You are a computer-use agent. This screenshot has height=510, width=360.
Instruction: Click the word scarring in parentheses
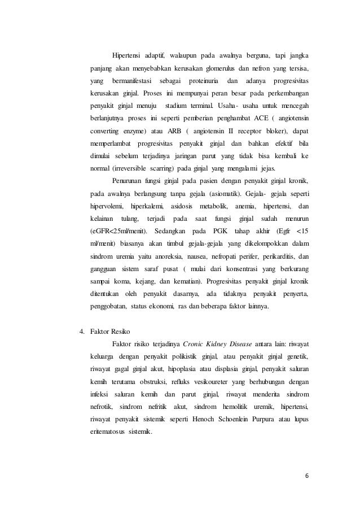click(159, 167)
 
